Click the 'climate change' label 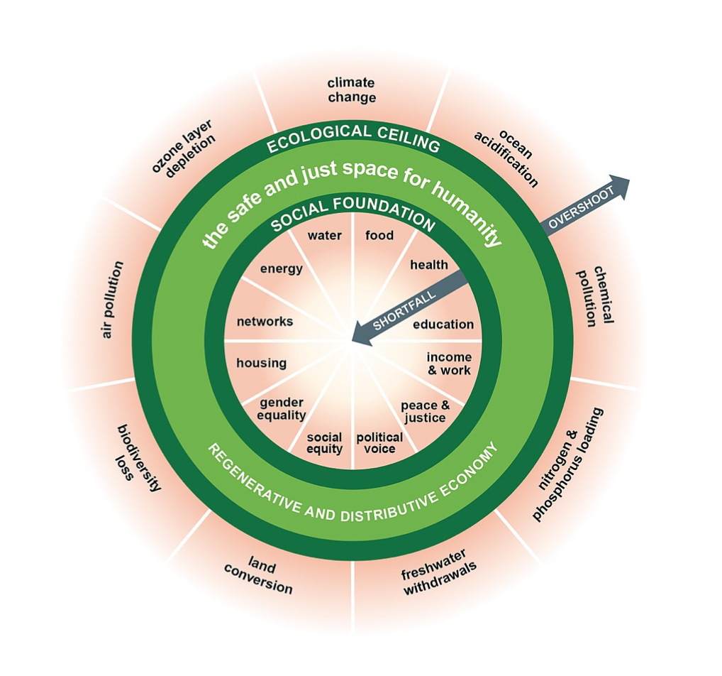[x=352, y=90]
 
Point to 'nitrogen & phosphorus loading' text [x=567, y=464]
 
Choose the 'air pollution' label [x=112, y=300]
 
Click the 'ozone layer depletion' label [x=184, y=148]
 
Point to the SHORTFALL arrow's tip [x=352, y=342]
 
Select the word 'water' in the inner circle [x=325, y=236]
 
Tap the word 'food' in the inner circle [x=379, y=236]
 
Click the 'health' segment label [x=429, y=265]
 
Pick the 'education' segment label [x=443, y=325]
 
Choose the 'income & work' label [x=449, y=364]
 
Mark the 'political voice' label [x=379, y=443]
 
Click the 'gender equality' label [x=282, y=409]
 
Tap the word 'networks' [x=265, y=322]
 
